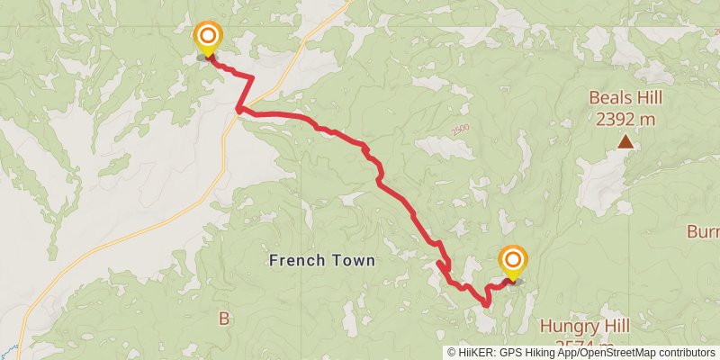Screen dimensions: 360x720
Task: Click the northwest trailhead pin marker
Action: [x=208, y=38]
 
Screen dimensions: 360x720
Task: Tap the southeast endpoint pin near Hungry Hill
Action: [x=513, y=263]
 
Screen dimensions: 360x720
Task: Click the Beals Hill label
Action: [x=625, y=97]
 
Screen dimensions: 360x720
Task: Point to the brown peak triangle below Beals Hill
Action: [x=625, y=140]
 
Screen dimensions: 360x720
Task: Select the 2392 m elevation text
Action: [x=625, y=118]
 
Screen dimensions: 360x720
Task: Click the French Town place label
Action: [x=321, y=260]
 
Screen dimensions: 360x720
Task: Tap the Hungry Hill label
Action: [x=585, y=325]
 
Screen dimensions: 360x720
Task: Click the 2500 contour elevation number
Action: [x=461, y=130]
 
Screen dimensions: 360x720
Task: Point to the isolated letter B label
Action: [x=224, y=317]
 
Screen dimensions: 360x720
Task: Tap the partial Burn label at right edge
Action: [x=703, y=232]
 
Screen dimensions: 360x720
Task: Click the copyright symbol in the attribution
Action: [x=452, y=353]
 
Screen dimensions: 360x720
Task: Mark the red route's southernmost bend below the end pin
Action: [x=487, y=305]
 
